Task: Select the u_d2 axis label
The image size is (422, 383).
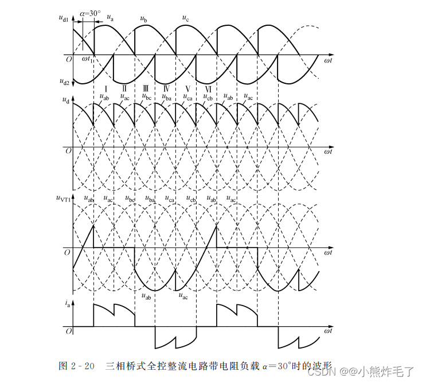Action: click(64, 82)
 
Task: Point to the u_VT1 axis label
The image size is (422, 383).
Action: click(63, 199)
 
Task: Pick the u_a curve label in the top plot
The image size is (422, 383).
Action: click(110, 17)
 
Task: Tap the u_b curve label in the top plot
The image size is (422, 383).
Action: click(144, 20)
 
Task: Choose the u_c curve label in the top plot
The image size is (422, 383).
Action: click(185, 18)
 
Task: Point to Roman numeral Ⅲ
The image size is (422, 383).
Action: click(146, 89)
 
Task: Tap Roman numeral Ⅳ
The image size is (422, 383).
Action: click(166, 89)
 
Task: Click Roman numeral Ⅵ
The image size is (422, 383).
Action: click(209, 89)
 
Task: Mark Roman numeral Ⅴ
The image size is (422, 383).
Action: click(187, 89)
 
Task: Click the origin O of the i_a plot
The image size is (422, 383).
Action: click(67, 331)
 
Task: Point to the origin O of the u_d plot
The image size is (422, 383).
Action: click(67, 150)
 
